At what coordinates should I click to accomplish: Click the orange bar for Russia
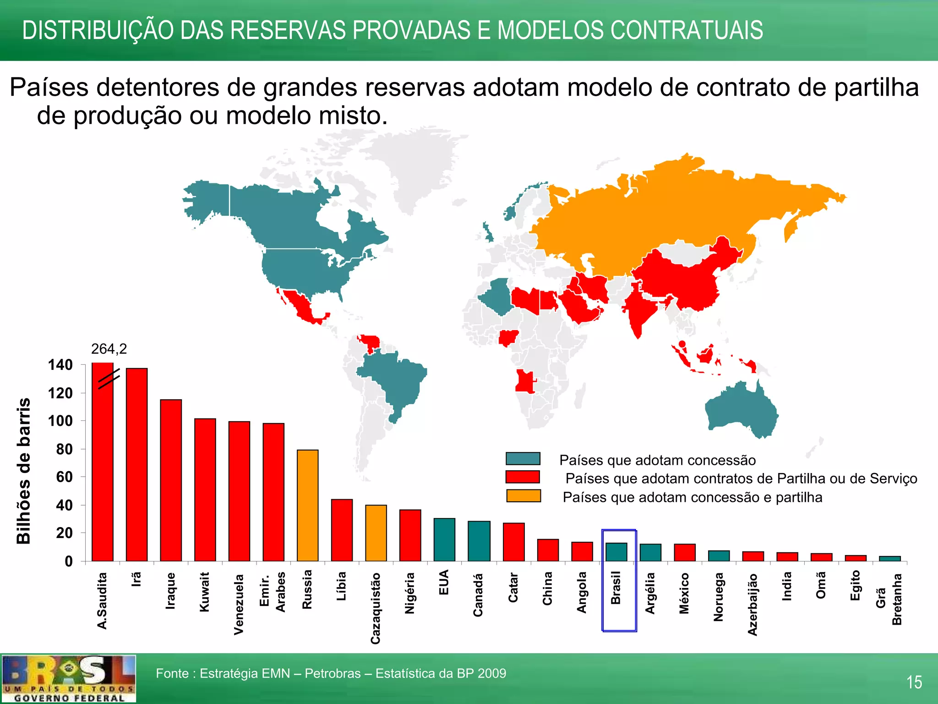(307, 505)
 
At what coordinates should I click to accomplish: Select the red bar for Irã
(136, 464)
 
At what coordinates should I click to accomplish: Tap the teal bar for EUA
(444, 539)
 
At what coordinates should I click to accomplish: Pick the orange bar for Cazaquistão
(376, 533)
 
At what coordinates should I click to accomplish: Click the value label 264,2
(109, 349)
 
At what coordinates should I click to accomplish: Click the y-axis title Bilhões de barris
(24, 471)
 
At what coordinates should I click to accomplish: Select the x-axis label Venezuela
(239, 604)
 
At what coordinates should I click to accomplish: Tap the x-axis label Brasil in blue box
(616, 588)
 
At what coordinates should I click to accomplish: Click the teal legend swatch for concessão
(523, 459)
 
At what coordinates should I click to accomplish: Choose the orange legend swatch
(523, 496)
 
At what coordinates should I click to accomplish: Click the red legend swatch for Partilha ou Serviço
(523, 477)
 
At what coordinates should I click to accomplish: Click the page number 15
(914, 682)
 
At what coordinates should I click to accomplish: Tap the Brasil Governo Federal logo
(68, 679)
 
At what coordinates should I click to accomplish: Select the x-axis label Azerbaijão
(753, 605)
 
